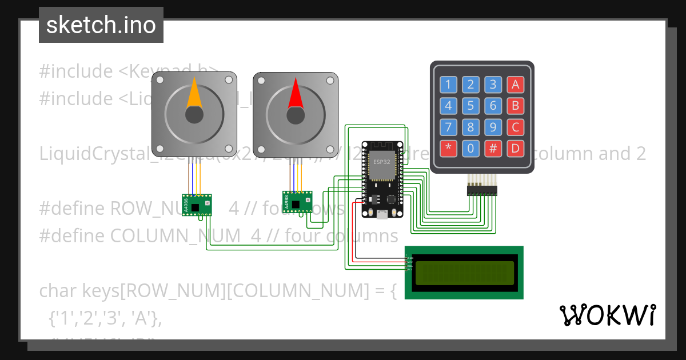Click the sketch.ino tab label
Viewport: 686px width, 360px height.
(x=101, y=25)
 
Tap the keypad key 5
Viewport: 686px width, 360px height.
(x=470, y=106)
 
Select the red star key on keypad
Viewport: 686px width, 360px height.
(x=448, y=149)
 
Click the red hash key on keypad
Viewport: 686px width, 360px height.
(x=493, y=149)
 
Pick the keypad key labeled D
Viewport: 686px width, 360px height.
(x=515, y=149)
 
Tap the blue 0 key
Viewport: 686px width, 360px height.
(x=470, y=149)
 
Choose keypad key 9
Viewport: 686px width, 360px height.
(x=493, y=127)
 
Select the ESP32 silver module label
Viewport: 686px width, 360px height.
(x=382, y=162)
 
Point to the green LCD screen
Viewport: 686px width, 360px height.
(x=464, y=273)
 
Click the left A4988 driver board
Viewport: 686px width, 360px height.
(x=197, y=205)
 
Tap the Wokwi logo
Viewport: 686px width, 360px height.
(x=607, y=315)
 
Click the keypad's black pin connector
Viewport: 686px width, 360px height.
(x=482, y=190)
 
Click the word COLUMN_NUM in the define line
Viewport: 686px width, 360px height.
(x=177, y=236)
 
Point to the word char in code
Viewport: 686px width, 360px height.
(x=58, y=291)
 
